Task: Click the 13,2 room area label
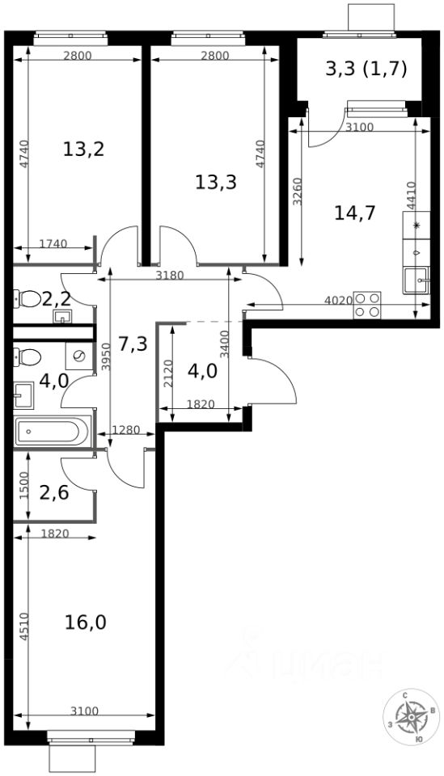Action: pos(83,149)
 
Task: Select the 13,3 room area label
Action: pos(216,182)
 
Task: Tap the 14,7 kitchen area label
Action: pos(355,213)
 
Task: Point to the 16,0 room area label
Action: pos(86,622)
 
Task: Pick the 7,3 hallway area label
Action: pos(133,343)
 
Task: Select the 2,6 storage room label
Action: pos(54,493)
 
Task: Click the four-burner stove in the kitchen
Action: pos(367,305)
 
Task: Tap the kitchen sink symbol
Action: pos(417,280)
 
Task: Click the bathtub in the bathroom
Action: pos(53,432)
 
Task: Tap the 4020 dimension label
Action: pos(338,299)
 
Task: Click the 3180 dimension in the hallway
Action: pos(170,276)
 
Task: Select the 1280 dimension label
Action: pos(126,429)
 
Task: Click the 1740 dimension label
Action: pos(53,243)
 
